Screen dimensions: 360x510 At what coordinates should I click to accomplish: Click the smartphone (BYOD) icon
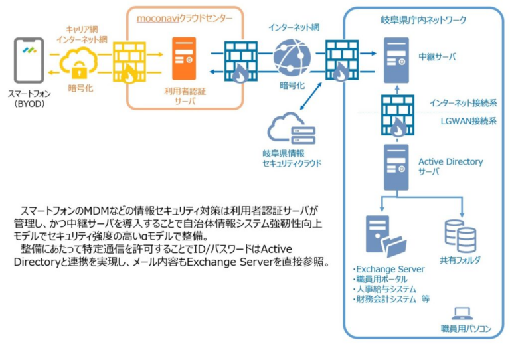click(x=29, y=60)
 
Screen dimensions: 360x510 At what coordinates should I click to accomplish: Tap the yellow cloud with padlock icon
click(x=79, y=64)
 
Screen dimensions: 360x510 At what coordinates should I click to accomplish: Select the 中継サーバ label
click(x=437, y=57)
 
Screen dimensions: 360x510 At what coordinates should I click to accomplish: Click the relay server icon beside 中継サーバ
click(x=396, y=56)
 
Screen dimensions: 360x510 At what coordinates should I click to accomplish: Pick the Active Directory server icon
click(x=396, y=166)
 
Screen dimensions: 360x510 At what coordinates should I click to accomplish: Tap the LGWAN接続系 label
click(x=462, y=122)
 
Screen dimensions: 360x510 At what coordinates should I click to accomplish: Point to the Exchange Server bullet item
click(x=388, y=269)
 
